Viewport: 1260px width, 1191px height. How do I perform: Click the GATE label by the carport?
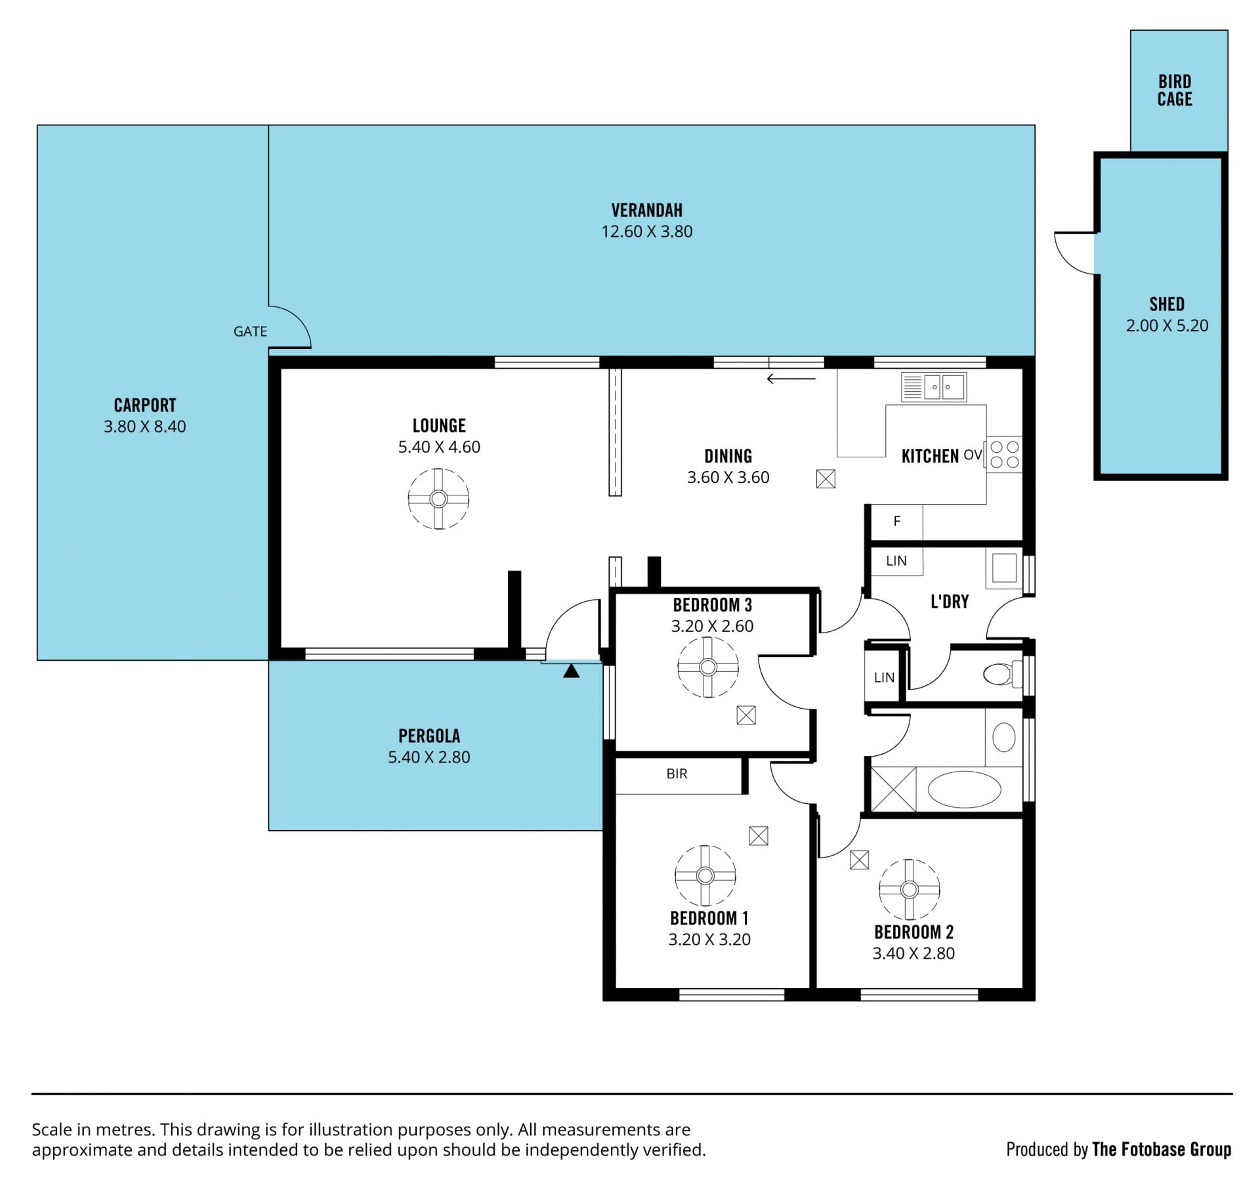coord(250,332)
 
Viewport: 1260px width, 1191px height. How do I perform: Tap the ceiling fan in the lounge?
coord(438,499)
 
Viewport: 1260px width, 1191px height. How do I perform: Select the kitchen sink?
coord(933,387)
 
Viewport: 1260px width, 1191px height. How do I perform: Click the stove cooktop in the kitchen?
coord(1004,455)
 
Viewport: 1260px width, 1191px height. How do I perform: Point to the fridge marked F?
coord(896,521)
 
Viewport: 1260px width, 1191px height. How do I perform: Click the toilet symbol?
coord(1003,674)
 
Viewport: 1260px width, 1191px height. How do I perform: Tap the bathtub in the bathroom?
coord(965,789)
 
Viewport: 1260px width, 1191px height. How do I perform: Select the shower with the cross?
coord(892,789)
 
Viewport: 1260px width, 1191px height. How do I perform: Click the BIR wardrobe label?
coord(677,774)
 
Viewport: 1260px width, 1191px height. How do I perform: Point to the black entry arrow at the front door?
coord(572,671)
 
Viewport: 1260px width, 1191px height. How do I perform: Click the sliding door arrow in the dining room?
coord(791,379)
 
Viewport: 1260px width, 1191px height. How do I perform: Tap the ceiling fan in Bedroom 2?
coord(909,890)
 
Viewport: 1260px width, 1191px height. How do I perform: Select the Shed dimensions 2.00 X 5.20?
coord(1167,325)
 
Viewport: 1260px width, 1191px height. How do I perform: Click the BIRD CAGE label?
coord(1175,91)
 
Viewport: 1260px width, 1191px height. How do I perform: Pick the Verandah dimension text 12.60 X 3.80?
coord(646,232)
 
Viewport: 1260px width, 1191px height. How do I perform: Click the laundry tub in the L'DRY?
coord(1003,568)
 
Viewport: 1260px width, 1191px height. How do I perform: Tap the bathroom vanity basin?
coord(1003,738)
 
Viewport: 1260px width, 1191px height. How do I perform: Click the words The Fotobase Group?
coord(1162,1150)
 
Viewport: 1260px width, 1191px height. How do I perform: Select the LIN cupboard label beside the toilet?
coord(884,677)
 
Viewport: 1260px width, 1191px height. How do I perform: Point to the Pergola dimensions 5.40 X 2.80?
coord(429,757)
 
